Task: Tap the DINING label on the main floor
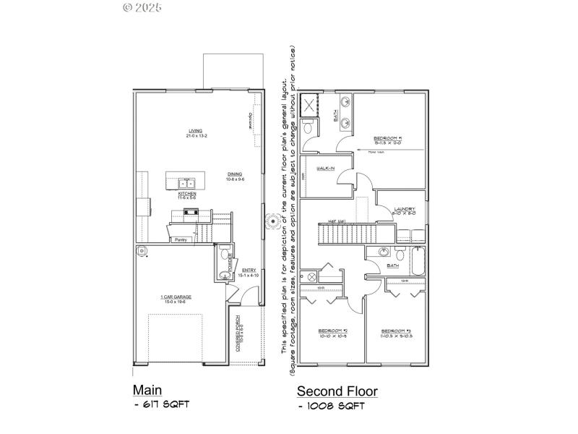point(235,175)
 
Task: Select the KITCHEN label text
point(188,195)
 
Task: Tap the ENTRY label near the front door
point(249,271)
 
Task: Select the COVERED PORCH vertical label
point(239,339)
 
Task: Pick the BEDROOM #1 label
point(387,139)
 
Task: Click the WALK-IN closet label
point(326,168)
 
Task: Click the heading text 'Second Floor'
point(337,391)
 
